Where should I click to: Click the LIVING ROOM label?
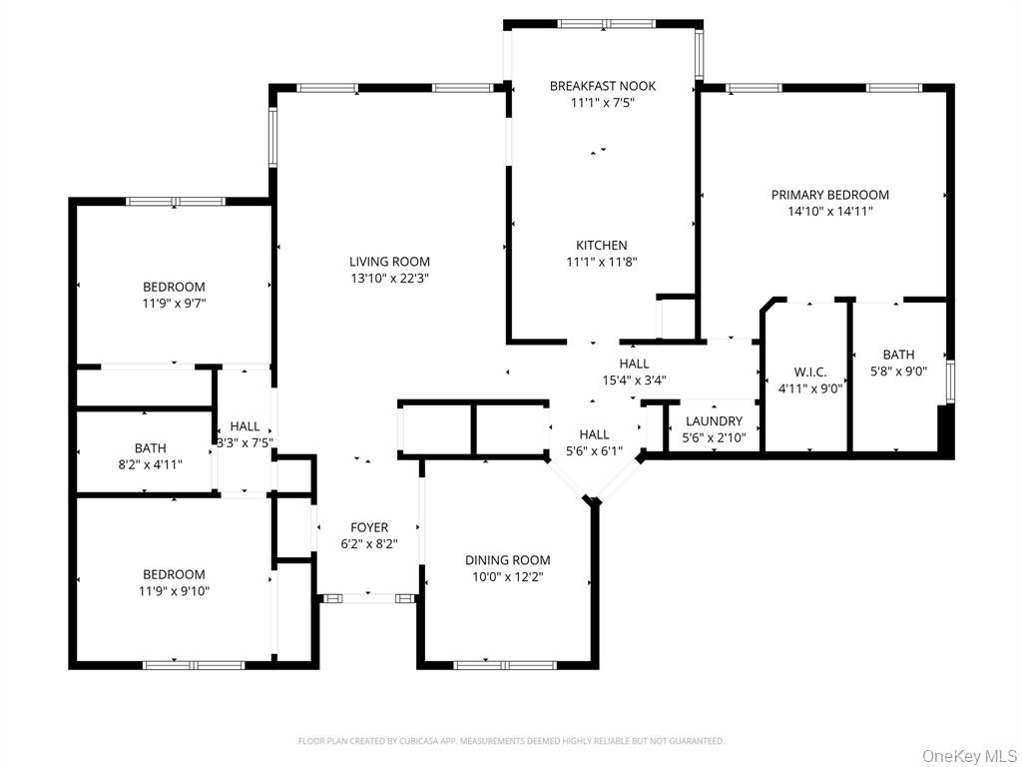pyautogui.click(x=389, y=263)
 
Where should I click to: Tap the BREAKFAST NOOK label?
pyautogui.click(x=602, y=86)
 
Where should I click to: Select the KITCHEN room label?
pyautogui.click(x=601, y=246)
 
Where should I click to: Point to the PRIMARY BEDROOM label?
pyautogui.click(x=829, y=195)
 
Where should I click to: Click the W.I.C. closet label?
pyautogui.click(x=809, y=373)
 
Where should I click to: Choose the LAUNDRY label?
pyautogui.click(x=714, y=421)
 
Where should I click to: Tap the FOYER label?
pyautogui.click(x=369, y=527)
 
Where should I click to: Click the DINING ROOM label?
pyautogui.click(x=508, y=560)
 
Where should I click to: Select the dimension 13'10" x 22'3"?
pyautogui.click(x=389, y=279)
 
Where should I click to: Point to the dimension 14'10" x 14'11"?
pyautogui.click(x=829, y=211)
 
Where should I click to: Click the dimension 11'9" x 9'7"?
pyautogui.click(x=174, y=303)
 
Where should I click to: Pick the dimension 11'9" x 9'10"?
pyautogui.click(x=174, y=590)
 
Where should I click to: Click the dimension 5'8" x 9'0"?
pyautogui.click(x=898, y=371)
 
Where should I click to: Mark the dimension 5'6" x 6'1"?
pyautogui.click(x=594, y=450)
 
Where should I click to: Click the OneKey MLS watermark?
pyautogui.click(x=969, y=755)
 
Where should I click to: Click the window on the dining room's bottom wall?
pyautogui.click(x=506, y=664)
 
